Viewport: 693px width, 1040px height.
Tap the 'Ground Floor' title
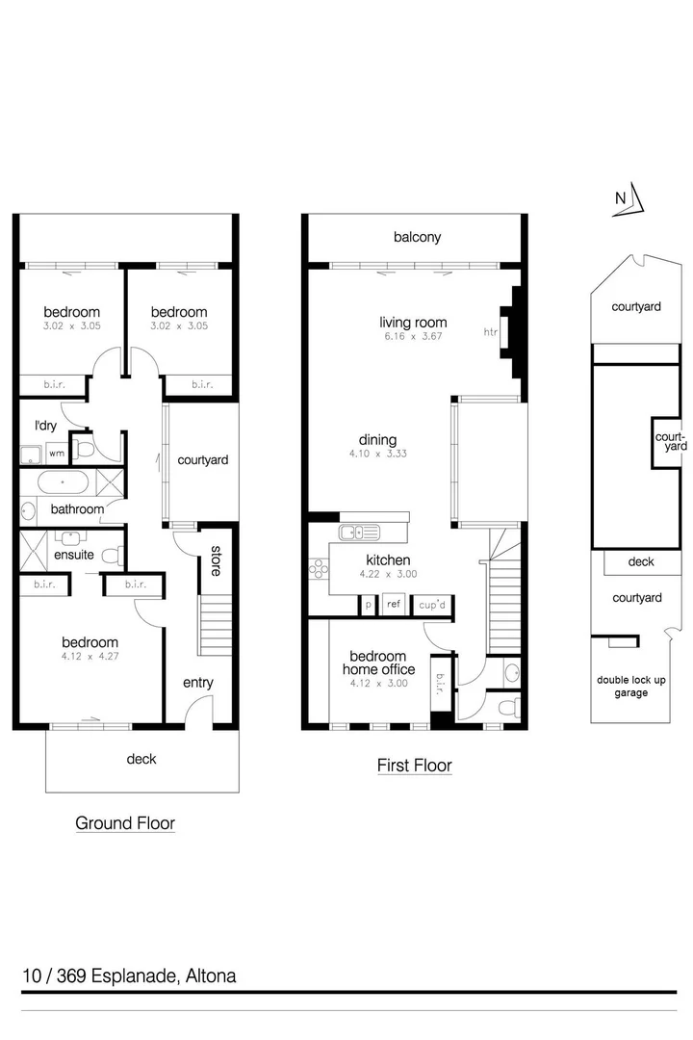click(x=125, y=823)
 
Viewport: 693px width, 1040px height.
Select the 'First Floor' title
click(x=414, y=766)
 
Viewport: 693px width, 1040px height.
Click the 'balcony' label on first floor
click(x=417, y=237)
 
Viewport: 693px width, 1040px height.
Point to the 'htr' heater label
click(x=490, y=332)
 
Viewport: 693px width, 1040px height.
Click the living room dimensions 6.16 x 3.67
click(x=413, y=338)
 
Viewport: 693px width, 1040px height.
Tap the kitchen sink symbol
click(x=360, y=532)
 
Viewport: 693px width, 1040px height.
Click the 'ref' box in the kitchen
click(x=393, y=605)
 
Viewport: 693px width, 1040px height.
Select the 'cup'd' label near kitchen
click(x=432, y=605)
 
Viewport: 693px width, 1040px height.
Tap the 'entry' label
click(x=197, y=683)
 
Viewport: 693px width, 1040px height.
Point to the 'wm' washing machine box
click(x=56, y=452)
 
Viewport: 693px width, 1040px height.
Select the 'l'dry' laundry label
click(x=44, y=425)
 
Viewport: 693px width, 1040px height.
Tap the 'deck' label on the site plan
click(x=640, y=561)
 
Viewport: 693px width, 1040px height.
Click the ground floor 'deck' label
click(x=141, y=759)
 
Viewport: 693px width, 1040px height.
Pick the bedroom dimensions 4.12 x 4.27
click(x=90, y=659)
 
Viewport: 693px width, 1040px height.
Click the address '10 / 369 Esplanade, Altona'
click(x=129, y=975)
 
